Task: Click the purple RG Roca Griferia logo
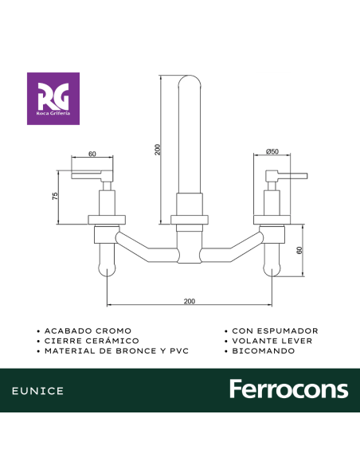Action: pyautogui.click(x=53, y=99)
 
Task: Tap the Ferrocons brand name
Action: pyautogui.click(x=289, y=389)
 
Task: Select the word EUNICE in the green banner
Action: pyautogui.click(x=37, y=391)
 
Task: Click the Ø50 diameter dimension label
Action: pyautogui.click(x=272, y=151)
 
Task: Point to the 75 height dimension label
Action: pyautogui.click(x=55, y=196)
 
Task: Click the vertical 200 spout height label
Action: pyautogui.click(x=158, y=150)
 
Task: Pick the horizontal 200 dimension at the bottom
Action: pyautogui.click(x=190, y=301)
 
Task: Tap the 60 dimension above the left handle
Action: pyautogui.click(x=92, y=154)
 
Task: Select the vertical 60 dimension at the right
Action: pyautogui.click(x=299, y=250)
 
